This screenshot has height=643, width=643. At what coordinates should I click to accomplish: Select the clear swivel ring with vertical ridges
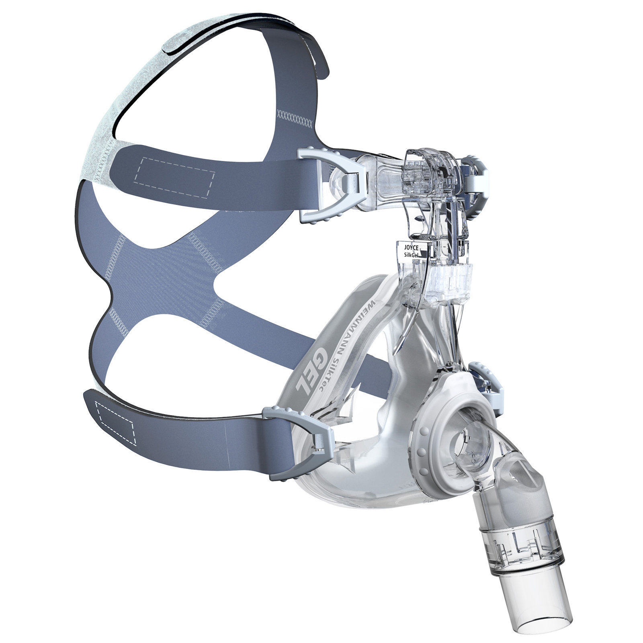522,547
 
